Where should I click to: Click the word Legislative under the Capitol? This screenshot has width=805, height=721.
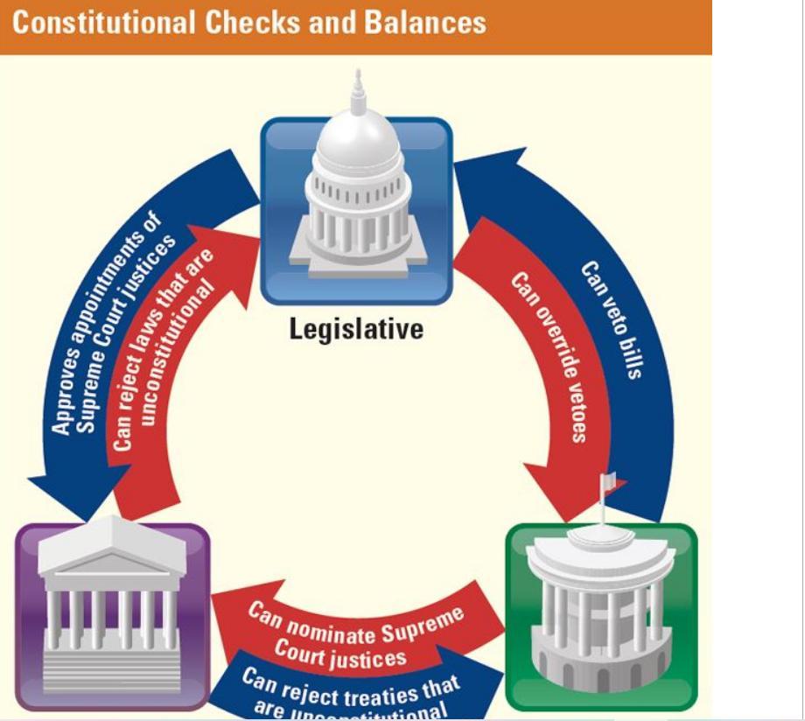[x=357, y=329]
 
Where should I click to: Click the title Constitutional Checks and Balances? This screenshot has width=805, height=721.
[x=249, y=22]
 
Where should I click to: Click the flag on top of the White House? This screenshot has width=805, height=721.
[x=607, y=481]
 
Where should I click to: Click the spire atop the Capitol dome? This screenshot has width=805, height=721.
[x=357, y=92]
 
